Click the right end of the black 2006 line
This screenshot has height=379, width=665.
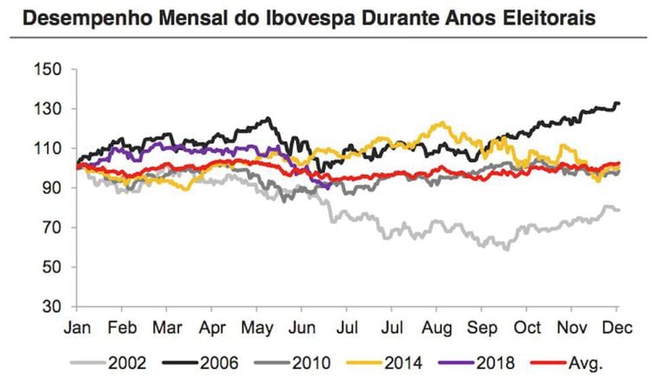619,104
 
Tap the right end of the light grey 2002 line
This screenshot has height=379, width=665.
619,210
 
